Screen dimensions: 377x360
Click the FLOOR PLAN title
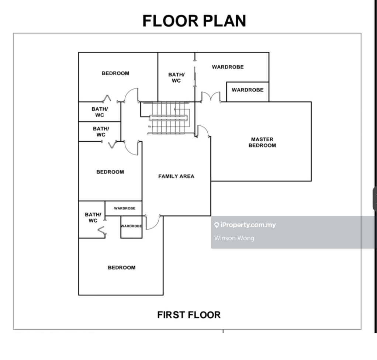point(194,21)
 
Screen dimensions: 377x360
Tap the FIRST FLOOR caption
point(189,315)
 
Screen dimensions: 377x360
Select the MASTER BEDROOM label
point(262,142)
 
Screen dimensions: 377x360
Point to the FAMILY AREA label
point(176,176)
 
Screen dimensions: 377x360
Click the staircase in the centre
point(168,118)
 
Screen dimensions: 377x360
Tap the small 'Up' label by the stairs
point(149,127)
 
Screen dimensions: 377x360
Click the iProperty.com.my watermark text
point(248,225)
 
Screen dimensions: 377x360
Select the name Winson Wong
point(234,238)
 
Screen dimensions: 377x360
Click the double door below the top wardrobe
point(211,97)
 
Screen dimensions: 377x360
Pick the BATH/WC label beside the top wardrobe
point(176,78)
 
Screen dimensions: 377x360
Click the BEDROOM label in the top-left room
point(115,73)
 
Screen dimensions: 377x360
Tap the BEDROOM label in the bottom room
point(122,267)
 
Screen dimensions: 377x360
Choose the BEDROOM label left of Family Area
point(110,172)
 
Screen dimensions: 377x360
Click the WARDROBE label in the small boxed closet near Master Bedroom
point(248,90)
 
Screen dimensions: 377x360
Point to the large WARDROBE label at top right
point(228,67)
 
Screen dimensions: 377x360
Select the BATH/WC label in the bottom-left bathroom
point(93,218)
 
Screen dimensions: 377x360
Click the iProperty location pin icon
point(217,225)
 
